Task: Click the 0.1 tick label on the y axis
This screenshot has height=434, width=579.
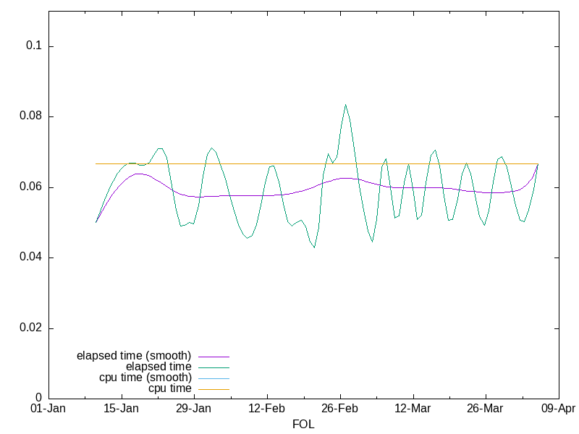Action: click(x=34, y=46)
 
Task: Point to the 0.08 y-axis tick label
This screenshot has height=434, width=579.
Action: click(x=31, y=116)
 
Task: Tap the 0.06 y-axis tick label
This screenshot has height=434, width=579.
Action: click(x=31, y=187)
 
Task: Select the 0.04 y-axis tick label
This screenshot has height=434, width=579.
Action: click(x=31, y=258)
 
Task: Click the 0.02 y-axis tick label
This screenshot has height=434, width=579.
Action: click(x=31, y=328)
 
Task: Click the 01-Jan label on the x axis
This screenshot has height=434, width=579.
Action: click(x=48, y=409)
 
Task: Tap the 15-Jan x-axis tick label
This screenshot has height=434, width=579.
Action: click(x=122, y=409)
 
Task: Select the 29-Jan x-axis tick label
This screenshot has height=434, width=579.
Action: click(x=194, y=409)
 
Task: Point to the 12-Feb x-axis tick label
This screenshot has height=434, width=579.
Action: click(x=267, y=409)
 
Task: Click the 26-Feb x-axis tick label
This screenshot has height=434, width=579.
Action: click(x=340, y=409)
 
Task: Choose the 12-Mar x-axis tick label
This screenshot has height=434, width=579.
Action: click(x=413, y=409)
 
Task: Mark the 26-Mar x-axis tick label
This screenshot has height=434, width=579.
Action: click(x=486, y=409)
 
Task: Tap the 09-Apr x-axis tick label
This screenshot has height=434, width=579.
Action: click(x=558, y=409)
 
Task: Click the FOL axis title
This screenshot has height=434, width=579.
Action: click(x=303, y=425)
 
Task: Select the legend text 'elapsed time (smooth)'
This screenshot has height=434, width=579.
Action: click(x=134, y=356)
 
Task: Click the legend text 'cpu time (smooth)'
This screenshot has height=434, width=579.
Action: click(x=145, y=378)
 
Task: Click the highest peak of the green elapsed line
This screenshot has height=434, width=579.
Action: click(x=345, y=104)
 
